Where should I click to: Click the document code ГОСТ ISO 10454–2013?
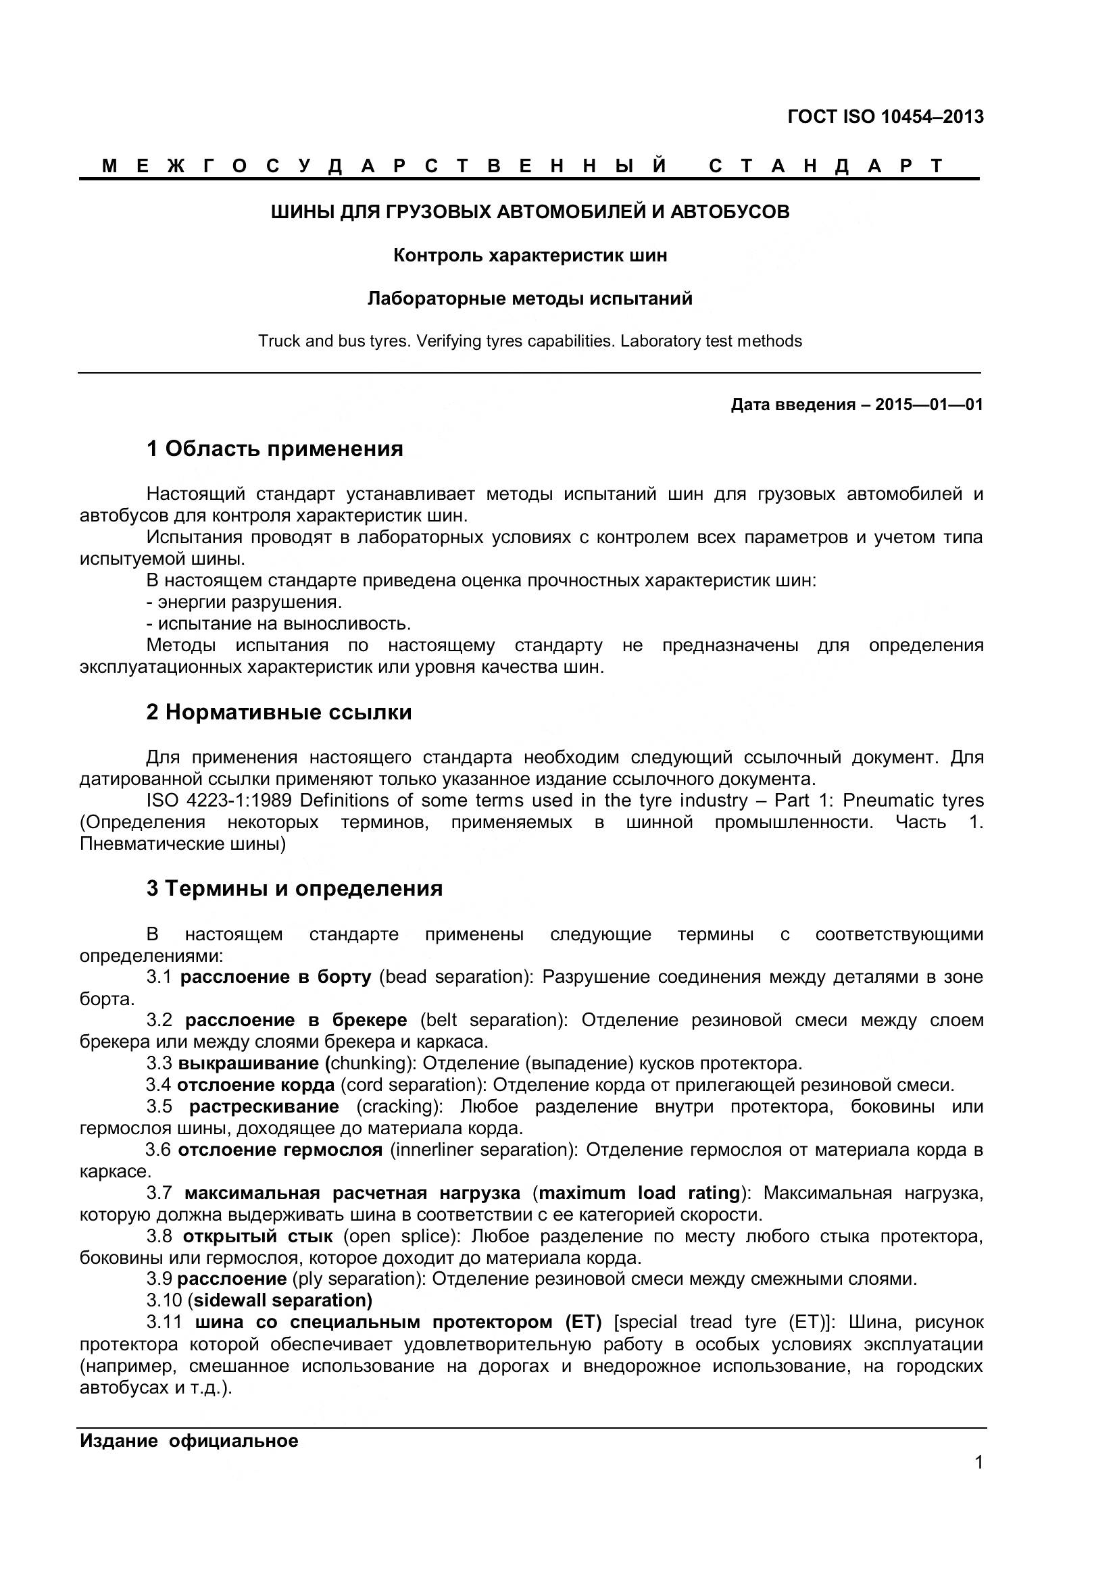[x=885, y=117]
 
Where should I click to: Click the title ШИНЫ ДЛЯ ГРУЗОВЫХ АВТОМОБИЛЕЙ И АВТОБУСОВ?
[x=530, y=212]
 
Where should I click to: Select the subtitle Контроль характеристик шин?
[x=530, y=256]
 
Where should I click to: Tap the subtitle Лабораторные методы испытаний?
[x=530, y=299]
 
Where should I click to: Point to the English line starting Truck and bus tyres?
[x=530, y=341]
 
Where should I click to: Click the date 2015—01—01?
[x=929, y=405]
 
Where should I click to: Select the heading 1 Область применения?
[x=274, y=449]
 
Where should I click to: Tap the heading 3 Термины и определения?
[x=295, y=889]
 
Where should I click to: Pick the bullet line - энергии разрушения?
[x=245, y=602]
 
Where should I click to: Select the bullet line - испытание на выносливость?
[x=278, y=624]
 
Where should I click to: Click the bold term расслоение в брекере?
[x=296, y=1021]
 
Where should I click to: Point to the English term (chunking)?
[x=370, y=1064]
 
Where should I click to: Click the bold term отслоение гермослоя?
[x=280, y=1150]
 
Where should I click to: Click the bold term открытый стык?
[x=257, y=1237]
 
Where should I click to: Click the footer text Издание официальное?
[x=189, y=1441]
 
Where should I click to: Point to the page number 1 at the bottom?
[x=978, y=1481]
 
